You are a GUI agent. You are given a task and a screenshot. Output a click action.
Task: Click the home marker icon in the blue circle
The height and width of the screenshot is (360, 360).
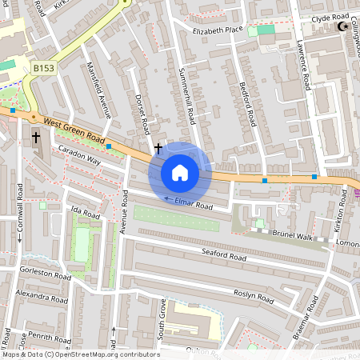pyautogui.click(x=180, y=172)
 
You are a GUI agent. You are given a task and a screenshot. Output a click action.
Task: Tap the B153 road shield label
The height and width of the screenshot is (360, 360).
pyautogui.click(x=43, y=70)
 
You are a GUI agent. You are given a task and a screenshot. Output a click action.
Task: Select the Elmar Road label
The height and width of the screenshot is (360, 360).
pyautogui.click(x=194, y=206)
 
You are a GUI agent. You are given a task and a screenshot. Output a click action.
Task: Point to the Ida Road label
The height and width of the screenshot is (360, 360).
pyautogui.click(x=85, y=214)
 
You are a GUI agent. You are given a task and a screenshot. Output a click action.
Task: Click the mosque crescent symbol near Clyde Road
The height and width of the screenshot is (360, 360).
pyautogui.click(x=346, y=27)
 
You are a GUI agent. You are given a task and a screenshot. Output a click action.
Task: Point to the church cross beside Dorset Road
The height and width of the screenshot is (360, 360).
pyautogui.click(x=158, y=148)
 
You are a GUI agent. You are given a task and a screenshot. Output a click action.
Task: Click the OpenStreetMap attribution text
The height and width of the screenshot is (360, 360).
pyautogui.click(x=80, y=354)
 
